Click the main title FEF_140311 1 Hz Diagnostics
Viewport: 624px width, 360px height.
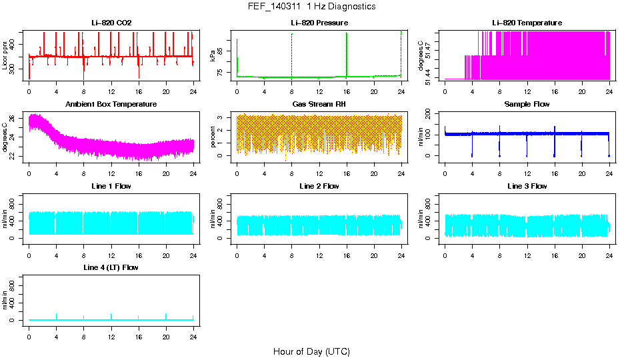click(311, 7)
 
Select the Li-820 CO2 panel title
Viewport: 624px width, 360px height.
click(111, 23)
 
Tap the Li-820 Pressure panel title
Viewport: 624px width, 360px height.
click(319, 23)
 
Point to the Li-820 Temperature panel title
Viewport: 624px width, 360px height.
click(527, 23)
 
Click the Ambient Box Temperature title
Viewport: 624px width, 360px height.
click(111, 105)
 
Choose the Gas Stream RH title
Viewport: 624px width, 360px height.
click(319, 105)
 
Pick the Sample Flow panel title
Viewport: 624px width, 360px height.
click(527, 105)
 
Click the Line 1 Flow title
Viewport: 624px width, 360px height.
click(111, 186)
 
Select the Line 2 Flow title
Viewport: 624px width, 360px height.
click(319, 186)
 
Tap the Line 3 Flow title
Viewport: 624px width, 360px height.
click(527, 186)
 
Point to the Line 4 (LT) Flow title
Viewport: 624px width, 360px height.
click(111, 267)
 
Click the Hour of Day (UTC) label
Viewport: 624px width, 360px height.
click(311, 351)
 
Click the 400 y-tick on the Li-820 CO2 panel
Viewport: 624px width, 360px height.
click(14, 45)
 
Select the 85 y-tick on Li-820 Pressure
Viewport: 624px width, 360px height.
click(222, 49)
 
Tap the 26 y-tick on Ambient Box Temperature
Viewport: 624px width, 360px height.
click(14, 119)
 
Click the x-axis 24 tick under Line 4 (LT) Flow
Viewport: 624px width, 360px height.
click(193, 331)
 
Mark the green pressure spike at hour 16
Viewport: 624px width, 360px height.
click(347, 53)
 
